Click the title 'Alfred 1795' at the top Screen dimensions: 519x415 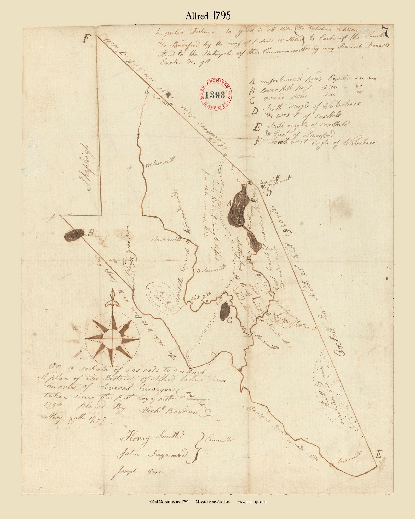coord(208,16)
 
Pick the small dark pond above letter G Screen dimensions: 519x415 coord(225,311)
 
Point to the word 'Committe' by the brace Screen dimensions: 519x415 coord(219,440)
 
